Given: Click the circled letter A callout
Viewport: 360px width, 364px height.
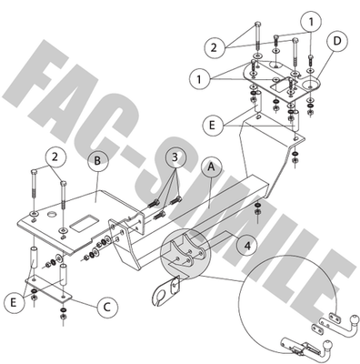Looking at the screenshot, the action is [212, 167].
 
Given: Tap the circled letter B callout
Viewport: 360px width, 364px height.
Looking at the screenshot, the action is [97, 160].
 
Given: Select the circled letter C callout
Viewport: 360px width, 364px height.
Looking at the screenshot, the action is [107, 308].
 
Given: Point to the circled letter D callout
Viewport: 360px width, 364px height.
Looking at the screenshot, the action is [337, 41].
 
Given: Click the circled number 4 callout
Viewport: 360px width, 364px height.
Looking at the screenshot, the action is [247, 246].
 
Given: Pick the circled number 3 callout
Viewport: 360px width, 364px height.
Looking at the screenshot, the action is [175, 157].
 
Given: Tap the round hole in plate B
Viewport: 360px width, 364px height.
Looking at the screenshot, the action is [52, 215].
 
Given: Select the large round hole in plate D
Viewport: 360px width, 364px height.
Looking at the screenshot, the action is [311, 85].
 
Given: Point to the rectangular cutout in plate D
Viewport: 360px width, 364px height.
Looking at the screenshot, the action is [281, 85].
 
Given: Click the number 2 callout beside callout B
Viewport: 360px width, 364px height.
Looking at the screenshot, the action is [55, 157].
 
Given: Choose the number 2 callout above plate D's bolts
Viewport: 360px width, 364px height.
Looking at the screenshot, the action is [215, 47].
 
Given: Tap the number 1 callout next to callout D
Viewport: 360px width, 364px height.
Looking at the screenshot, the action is [311, 22].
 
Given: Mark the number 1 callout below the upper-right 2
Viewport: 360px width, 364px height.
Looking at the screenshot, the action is [199, 79].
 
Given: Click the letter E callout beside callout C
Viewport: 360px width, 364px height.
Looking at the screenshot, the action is [14, 302].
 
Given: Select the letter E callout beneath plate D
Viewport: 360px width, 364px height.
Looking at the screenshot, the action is [212, 125].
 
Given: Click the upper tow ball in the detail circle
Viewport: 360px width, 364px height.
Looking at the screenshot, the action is [354, 319].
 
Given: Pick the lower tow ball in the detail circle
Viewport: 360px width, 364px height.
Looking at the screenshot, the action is [327, 345].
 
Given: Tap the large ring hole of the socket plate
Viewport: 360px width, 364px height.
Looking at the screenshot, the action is [160, 295].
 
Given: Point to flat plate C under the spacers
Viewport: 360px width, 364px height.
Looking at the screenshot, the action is [48, 288].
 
